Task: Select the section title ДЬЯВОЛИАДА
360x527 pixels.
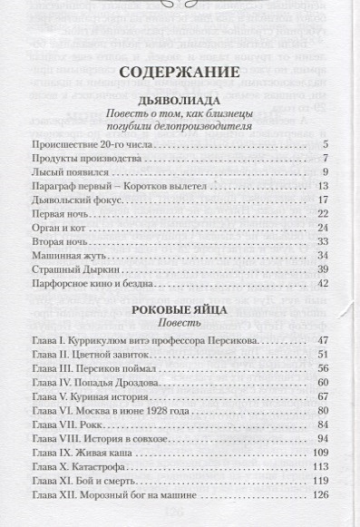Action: pyautogui.click(x=180, y=100)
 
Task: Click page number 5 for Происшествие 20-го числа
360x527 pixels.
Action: pyautogui.click(x=324, y=145)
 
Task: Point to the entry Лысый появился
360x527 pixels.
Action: pyautogui.click(x=71, y=171)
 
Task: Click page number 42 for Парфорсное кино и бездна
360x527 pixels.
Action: pyautogui.click(x=322, y=284)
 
